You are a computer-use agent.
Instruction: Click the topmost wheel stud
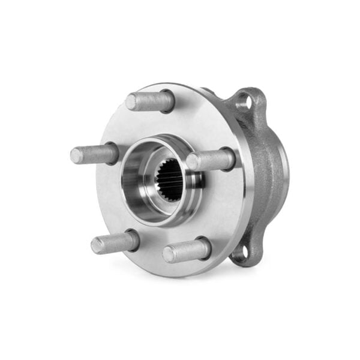coord(150,100)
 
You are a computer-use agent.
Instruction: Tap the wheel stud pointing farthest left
coord(95,154)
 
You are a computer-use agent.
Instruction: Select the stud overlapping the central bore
coord(211,160)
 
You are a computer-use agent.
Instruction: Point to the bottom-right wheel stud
coord(187,250)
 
